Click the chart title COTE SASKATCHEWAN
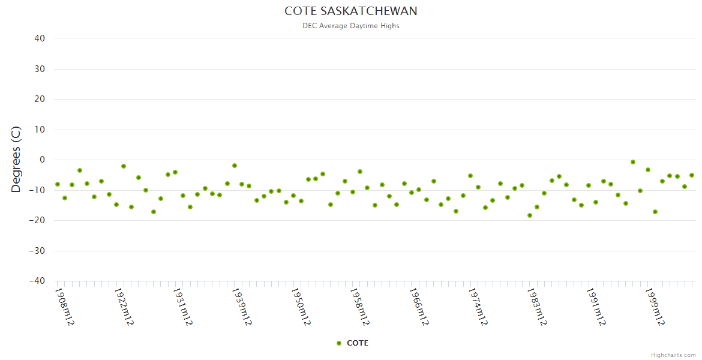click(x=350, y=11)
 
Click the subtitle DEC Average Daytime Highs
click(x=350, y=26)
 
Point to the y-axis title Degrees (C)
click(x=16, y=159)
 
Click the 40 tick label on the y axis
click(x=40, y=38)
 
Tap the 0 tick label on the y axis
click(x=42, y=160)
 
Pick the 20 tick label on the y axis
click(x=40, y=99)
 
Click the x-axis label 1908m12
click(x=64, y=307)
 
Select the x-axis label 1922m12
click(x=124, y=307)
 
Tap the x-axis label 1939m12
click(x=242, y=307)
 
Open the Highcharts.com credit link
click(x=673, y=355)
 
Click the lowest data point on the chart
click(x=530, y=215)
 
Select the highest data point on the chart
click(x=633, y=162)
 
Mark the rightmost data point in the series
click(x=692, y=175)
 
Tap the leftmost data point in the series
click(x=57, y=184)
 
